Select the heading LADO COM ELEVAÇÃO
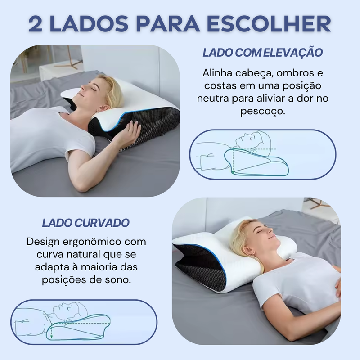[x=263, y=53]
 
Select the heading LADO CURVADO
[x=85, y=223]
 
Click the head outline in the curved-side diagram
[x=72, y=310]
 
